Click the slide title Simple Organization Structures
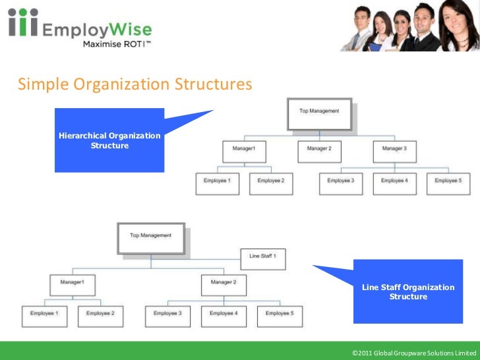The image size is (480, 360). coord(135,84)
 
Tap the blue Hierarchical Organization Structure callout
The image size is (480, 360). coord(109,140)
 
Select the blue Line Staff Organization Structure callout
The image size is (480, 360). coord(408,291)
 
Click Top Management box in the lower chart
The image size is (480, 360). coord(150,237)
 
